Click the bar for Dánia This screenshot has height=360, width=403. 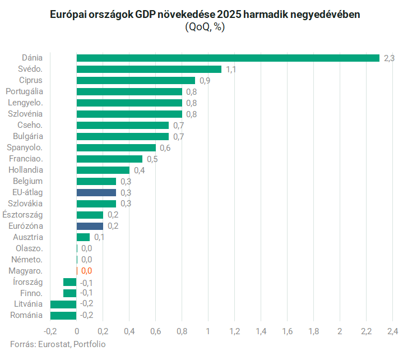click(228, 58)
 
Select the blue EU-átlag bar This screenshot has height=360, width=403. click(96, 192)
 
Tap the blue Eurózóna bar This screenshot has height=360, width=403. click(90, 226)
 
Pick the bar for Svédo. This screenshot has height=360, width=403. click(149, 69)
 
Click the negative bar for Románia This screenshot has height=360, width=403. click(63, 315)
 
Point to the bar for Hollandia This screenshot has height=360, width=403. click(103, 170)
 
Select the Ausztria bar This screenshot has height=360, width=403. click(83, 237)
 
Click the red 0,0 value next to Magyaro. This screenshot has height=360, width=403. click(86, 271)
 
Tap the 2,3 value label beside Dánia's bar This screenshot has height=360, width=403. click(389, 58)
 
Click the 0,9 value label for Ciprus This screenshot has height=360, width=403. click(205, 81)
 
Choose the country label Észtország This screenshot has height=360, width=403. click(22, 215)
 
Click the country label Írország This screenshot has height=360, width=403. click(27, 282)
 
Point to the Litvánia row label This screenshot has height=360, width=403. click(29, 304)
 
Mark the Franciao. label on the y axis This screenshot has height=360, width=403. click(26, 159)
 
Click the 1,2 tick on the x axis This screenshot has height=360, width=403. click(234, 331)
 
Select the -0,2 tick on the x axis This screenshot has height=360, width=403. click(50, 331)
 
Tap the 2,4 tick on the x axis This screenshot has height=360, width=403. click(392, 331)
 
